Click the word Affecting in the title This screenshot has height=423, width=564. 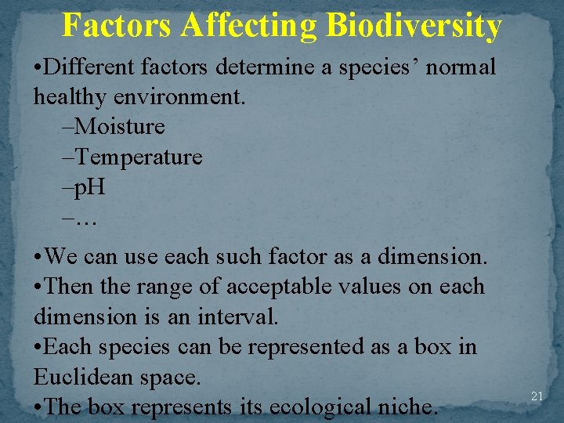click(250, 25)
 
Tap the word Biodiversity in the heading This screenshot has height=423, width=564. click(414, 25)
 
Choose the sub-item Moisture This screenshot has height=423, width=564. click(121, 125)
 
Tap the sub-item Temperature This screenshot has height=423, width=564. click(139, 157)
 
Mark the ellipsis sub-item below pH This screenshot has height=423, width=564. click(86, 219)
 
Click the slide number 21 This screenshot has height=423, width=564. click(537, 396)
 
